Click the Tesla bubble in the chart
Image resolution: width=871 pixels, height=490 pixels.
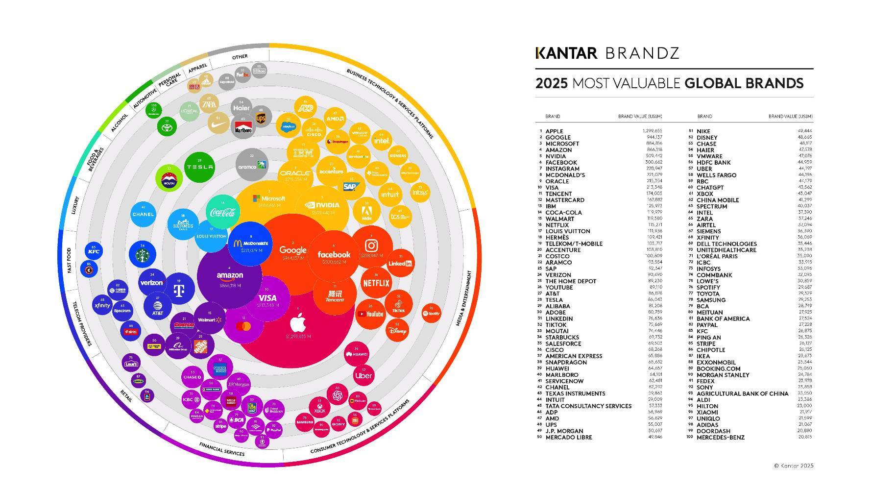click(x=199, y=167)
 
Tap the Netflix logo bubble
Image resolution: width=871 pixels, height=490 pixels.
click(x=376, y=283)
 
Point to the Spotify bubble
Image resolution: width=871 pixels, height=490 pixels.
click(x=431, y=313)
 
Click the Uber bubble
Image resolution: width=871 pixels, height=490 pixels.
click(x=363, y=375)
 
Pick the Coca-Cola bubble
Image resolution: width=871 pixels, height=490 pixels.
click(x=222, y=212)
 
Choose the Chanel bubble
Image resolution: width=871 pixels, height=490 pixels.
click(x=143, y=214)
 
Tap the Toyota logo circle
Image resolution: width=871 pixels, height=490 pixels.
click(x=167, y=127)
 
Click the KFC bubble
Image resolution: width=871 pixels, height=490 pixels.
click(x=94, y=251)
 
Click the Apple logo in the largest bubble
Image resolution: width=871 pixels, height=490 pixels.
click(x=298, y=324)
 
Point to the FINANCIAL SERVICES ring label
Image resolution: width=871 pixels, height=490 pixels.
click(x=221, y=449)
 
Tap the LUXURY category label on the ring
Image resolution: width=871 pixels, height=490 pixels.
click(x=75, y=205)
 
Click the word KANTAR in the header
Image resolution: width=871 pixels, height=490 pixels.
click(x=566, y=53)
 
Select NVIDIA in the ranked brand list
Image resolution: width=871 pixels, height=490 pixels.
click(x=556, y=156)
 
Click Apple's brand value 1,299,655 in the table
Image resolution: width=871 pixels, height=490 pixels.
click(x=652, y=131)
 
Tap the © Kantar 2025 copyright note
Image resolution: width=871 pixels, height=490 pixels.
click(x=793, y=465)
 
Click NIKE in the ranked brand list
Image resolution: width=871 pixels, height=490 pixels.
click(x=703, y=131)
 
